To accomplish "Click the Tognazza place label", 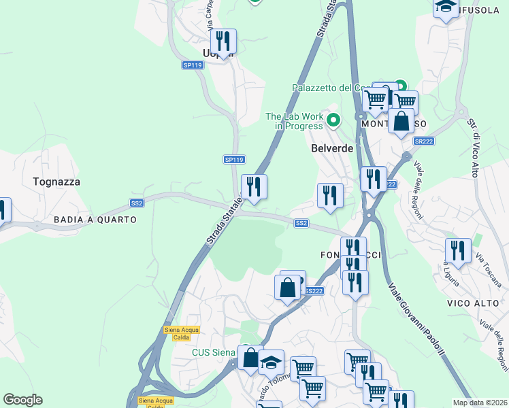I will pos(56,182).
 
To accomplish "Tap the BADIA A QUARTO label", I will pos(96,220).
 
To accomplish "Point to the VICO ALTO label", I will pos(469,302).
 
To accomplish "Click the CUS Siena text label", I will pos(213,352).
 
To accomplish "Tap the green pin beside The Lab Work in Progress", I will pos(333,121).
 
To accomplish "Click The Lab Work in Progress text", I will pos(294,121).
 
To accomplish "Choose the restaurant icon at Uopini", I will pos(223,41).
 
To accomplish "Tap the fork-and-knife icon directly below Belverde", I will pos(330,196).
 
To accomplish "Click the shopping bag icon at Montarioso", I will pos(401,121).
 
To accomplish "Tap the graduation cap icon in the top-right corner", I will pos(446,7).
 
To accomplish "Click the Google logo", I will pos(22,400).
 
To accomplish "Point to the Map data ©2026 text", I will pos(480,403).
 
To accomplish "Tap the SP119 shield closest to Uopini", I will pos(193,65).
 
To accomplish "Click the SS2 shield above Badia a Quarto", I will pos(137,203).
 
